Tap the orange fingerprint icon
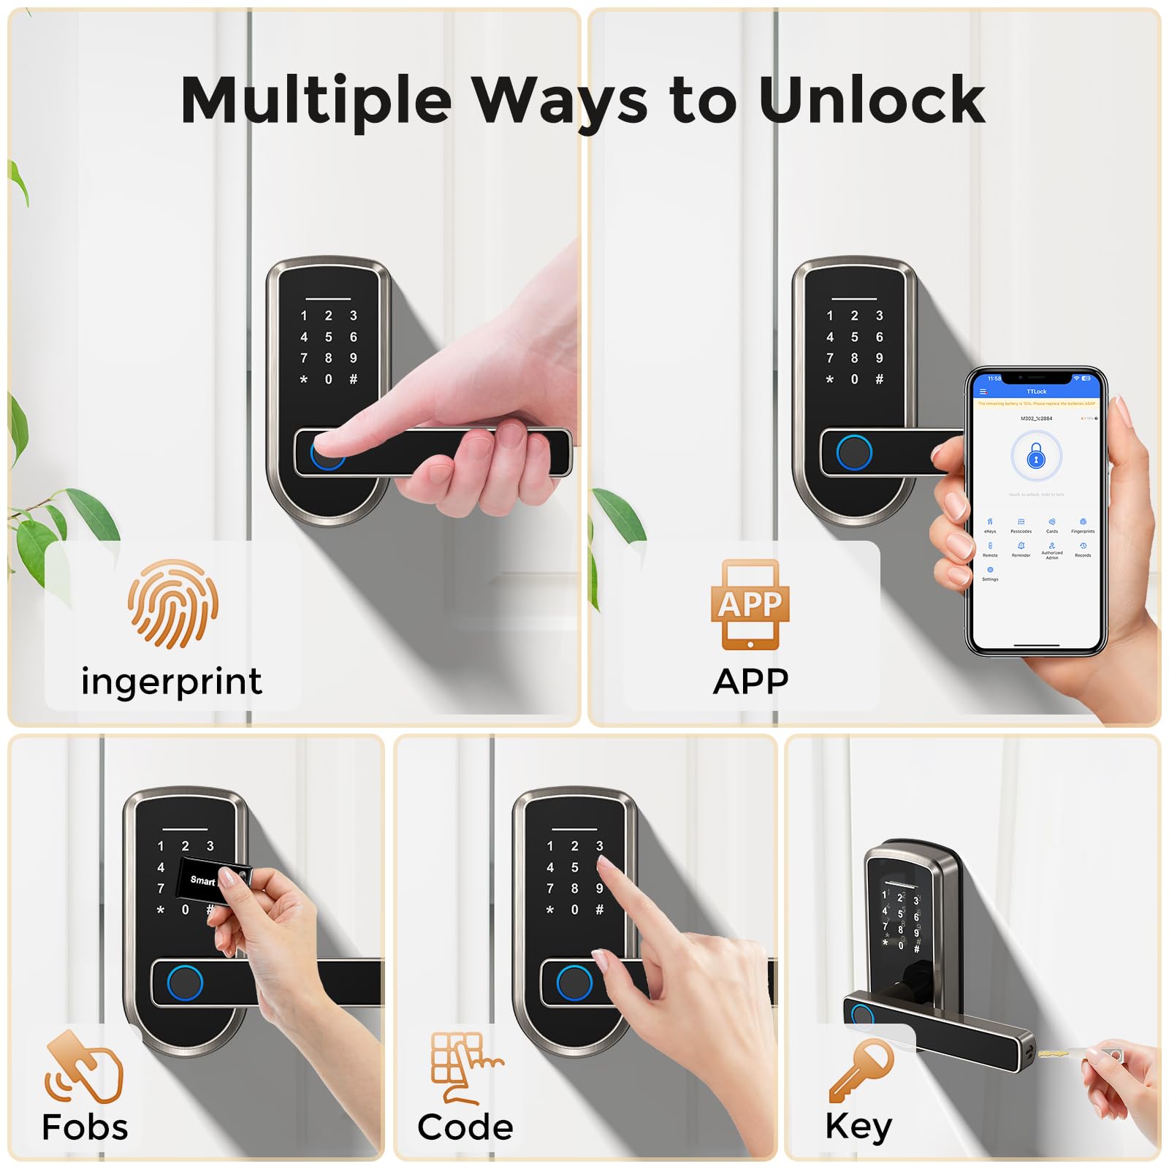pyautogui.click(x=173, y=604)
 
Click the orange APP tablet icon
pyautogui.click(x=750, y=605)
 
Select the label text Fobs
pyautogui.click(x=85, y=1127)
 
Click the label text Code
pyautogui.click(x=465, y=1127)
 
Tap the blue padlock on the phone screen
pyautogui.click(x=1036, y=457)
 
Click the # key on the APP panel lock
pyautogui.click(x=879, y=379)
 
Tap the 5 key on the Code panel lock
pyautogui.click(x=574, y=867)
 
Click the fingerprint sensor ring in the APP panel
pyautogui.click(x=853, y=453)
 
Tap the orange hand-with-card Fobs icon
pyautogui.click(x=84, y=1067)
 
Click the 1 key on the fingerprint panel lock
pyautogui.click(x=304, y=316)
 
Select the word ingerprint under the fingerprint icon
pyautogui.click(x=172, y=682)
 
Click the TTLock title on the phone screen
pyautogui.click(x=1036, y=392)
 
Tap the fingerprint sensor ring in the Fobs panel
pyautogui.click(x=184, y=983)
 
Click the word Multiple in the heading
pyautogui.click(x=316, y=100)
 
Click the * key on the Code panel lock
pyautogui.click(x=550, y=910)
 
